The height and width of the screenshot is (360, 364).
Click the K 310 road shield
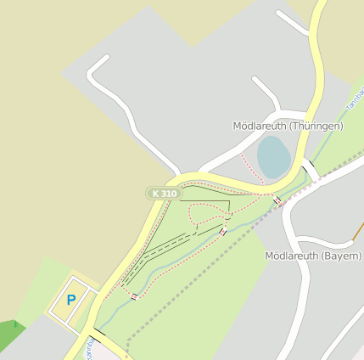click(165, 194)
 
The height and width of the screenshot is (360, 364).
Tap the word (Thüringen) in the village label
click(315, 126)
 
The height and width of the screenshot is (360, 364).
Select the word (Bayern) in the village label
click(342, 256)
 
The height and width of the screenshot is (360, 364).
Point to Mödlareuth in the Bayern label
click(292, 256)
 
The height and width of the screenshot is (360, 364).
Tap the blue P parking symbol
click(71, 300)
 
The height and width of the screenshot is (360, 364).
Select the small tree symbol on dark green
click(15, 324)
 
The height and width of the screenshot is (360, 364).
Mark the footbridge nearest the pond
click(277, 200)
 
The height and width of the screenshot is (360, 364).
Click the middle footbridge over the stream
click(222, 232)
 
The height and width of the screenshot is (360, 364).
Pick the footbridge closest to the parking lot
click(134, 296)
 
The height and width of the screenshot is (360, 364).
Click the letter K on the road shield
click(155, 194)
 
